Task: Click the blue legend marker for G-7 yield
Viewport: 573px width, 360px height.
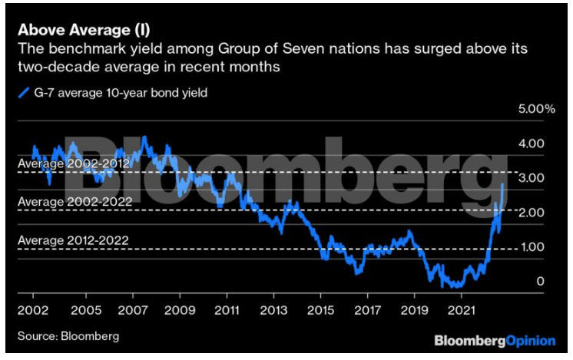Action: pos(22,94)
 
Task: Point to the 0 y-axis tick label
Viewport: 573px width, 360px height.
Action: pos(540,282)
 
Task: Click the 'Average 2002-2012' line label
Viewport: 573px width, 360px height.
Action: pos(73,164)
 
